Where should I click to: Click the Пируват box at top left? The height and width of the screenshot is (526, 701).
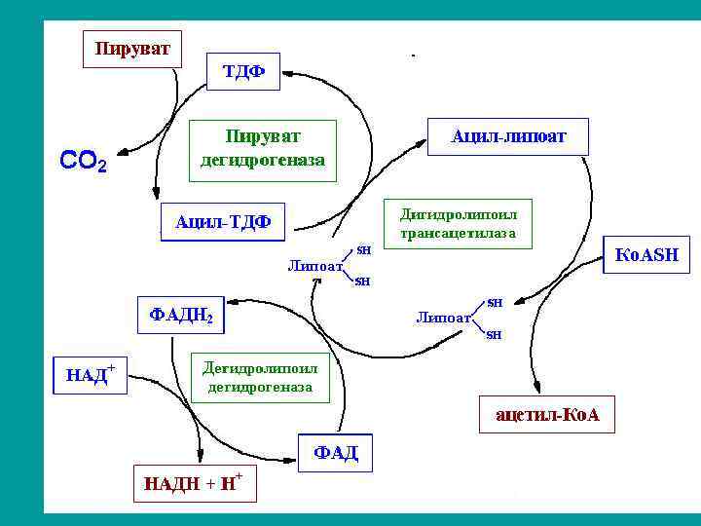pos(131,48)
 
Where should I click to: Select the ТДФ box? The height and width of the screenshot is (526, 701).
pos(243,71)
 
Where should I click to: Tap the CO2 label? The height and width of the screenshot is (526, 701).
pos(84,161)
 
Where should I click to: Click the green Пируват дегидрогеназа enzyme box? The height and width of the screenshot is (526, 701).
pos(263,150)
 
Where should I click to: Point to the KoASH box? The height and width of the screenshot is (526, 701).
pos(647,254)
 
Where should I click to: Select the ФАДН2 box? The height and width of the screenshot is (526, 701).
pos(180,316)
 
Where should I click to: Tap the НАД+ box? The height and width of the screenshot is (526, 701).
pos(90,374)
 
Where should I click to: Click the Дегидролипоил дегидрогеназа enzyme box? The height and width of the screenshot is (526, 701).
pos(259,378)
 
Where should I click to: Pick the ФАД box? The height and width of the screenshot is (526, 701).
pos(335,452)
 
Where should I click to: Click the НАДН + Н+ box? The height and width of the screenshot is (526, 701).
pos(195,483)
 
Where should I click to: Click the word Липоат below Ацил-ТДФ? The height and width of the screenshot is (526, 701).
pos(315,265)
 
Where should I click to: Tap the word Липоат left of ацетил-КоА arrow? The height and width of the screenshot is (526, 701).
pos(443,317)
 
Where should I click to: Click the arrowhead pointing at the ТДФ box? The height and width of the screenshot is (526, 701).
pos(288,72)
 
